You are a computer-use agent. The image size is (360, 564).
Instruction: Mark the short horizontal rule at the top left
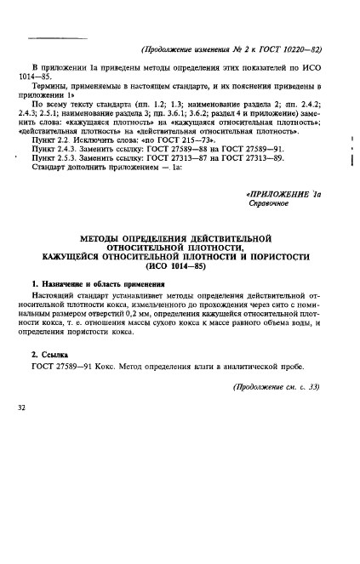[x=47, y=37]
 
